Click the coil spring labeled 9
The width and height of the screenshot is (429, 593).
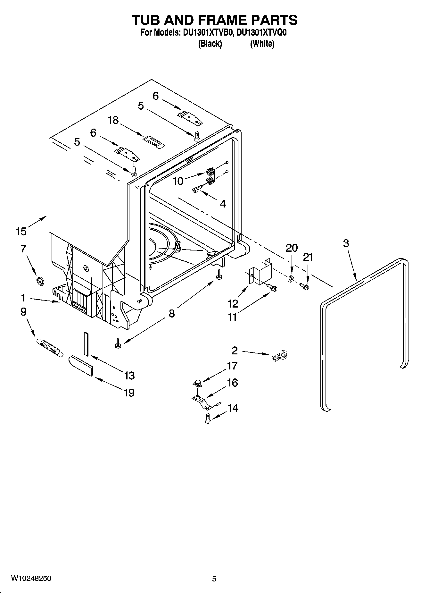point(49,347)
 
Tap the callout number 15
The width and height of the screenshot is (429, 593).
point(21,231)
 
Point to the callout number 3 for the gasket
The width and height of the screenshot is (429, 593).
point(346,243)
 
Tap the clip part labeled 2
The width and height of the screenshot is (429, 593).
point(279,356)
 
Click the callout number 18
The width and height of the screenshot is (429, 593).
point(113,120)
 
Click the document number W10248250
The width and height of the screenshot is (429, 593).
point(31,578)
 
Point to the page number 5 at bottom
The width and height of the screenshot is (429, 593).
point(214,579)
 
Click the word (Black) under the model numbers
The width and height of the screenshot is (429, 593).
point(210,44)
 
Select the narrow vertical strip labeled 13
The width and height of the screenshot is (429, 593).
point(86,343)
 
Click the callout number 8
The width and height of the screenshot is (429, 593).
point(172,313)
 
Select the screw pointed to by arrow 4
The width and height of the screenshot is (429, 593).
point(196,189)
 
